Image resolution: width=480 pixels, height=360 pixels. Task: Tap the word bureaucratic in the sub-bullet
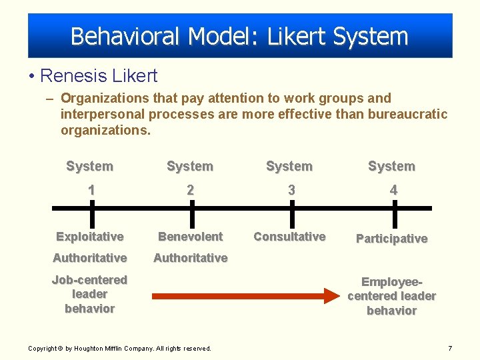pyautogui.click(x=409, y=114)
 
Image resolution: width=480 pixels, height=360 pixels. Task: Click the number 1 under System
pyautogui.click(x=91, y=190)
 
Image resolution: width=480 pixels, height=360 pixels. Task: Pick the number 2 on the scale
pyautogui.click(x=190, y=190)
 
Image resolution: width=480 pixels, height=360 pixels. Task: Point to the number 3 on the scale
pyautogui.click(x=291, y=190)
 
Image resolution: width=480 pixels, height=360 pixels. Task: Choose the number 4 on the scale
pyautogui.click(x=393, y=190)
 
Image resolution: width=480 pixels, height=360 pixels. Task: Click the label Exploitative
pyautogui.click(x=90, y=237)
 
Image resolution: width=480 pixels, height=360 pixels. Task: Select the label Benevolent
pyautogui.click(x=190, y=237)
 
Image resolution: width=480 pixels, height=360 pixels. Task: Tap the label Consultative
pyautogui.click(x=290, y=237)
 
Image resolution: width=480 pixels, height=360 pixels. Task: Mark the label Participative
pyautogui.click(x=391, y=239)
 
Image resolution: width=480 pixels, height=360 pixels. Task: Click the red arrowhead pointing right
pyautogui.click(x=332, y=295)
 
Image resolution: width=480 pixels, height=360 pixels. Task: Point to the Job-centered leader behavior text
pyautogui.click(x=89, y=294)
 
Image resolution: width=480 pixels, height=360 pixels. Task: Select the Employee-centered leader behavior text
pyautogui.click(x=391, y=296)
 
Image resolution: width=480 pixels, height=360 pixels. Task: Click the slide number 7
pyautogui.click(x=450, y=348)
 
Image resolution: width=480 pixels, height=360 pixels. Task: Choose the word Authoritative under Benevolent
pyautogui.click(x=191, y=258)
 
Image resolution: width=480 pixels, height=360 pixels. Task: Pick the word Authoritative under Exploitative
pyautogui.click(x=90, y=258)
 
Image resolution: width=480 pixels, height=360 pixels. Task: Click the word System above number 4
pyautogui.click(x=391, y=167)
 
